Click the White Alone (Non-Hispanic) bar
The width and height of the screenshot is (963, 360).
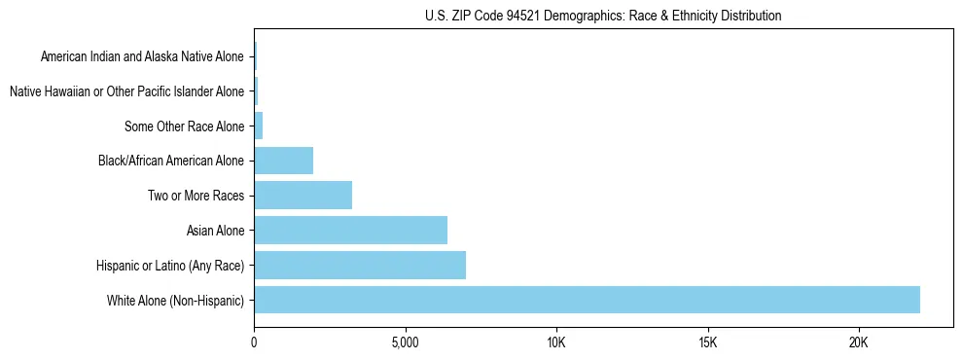click(587, 300)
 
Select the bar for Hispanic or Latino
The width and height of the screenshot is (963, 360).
click(360, 265)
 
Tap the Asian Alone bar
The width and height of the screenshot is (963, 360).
click(350, 231)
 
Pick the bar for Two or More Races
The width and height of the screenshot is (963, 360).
click(303, 196)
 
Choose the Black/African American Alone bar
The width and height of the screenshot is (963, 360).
click(283, 161)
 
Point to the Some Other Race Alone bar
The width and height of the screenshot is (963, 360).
click(259, 126)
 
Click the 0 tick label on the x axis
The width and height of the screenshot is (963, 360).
click(254, 343)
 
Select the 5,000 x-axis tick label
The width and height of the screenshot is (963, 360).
click(405, 343)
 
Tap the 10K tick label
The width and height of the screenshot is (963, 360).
click(556, 343)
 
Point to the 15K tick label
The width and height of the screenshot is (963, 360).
click(707, 343)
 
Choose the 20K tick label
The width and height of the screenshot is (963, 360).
click(858, 343)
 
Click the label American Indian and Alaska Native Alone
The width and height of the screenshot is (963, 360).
click(142, 56)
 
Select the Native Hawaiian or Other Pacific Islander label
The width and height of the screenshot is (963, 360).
click(126, 91)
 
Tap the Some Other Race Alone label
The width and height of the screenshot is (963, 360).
click(184, 126)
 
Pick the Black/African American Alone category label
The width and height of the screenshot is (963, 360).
click(171, 161)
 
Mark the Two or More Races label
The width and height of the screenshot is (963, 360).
click(195, 196)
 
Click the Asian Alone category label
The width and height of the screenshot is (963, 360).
click(215, 231)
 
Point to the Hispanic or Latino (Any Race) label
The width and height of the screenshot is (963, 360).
click(170, 266)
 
